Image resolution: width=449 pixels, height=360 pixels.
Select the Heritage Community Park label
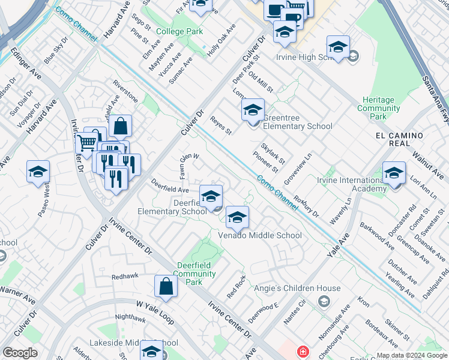[x=379, y=108]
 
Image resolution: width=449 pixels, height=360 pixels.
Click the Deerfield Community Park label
[x=196, y=274]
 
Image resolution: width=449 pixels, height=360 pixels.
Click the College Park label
[x=179, y=31]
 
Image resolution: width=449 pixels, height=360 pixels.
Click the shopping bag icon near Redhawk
[x=166, y=287]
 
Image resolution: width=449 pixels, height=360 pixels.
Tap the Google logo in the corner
[x=20, y=353]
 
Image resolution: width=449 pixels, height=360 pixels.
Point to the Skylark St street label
[x=273, y=154]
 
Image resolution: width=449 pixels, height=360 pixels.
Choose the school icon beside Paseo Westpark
[x=38, y=172]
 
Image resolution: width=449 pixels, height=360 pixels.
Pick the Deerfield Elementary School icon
[x=211, y=197]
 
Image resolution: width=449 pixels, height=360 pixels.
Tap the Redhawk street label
[x=125, y=277]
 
